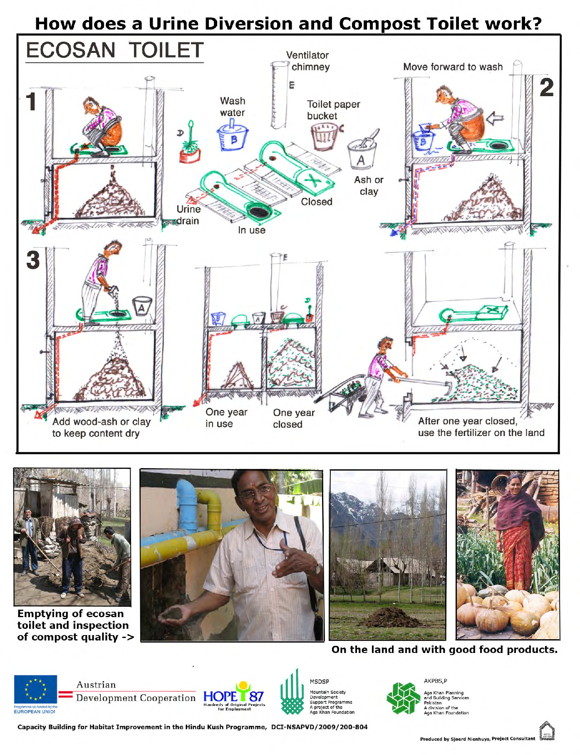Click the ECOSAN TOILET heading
pos(114,50)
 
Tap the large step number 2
pos(546,88)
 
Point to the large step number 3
pos(33,260)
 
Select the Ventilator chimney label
pos(308,61)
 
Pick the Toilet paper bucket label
pos(333,110)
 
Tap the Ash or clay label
pos(369,186)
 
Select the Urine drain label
pos(188,215)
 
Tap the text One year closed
pos(294,419)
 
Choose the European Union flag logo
pos(35,690)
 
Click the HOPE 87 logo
pos(234,696)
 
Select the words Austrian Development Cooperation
pos(135,692)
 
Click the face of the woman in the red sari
pos(515,486)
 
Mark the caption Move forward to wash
pos(453,67)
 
